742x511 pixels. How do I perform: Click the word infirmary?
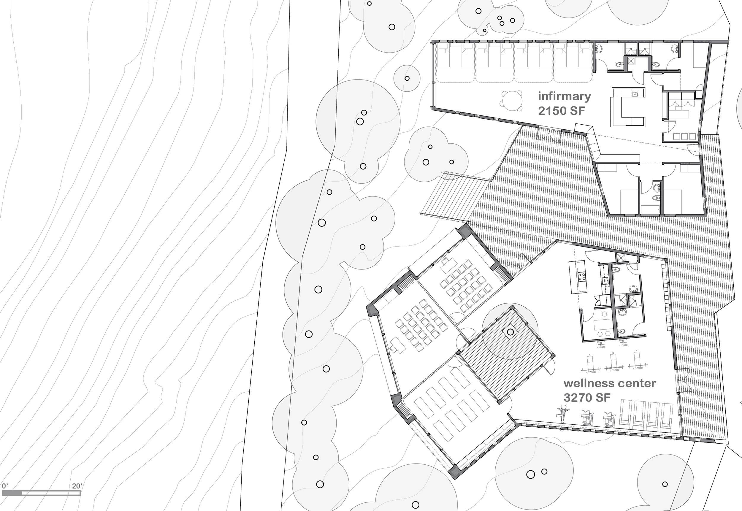point(564,96)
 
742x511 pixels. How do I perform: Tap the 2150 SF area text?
point(561,111)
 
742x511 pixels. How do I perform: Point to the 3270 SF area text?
point(587,398)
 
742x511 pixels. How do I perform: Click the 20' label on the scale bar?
point(77,486)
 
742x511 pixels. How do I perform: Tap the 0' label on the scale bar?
point(5,486)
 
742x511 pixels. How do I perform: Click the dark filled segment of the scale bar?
point(12,493)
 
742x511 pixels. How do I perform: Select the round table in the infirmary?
point(512,101)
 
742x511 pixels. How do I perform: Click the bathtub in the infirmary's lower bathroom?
point(650,210)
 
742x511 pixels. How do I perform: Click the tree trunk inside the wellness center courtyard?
point(510,332)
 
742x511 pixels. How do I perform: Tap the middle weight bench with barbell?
point(614,362)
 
